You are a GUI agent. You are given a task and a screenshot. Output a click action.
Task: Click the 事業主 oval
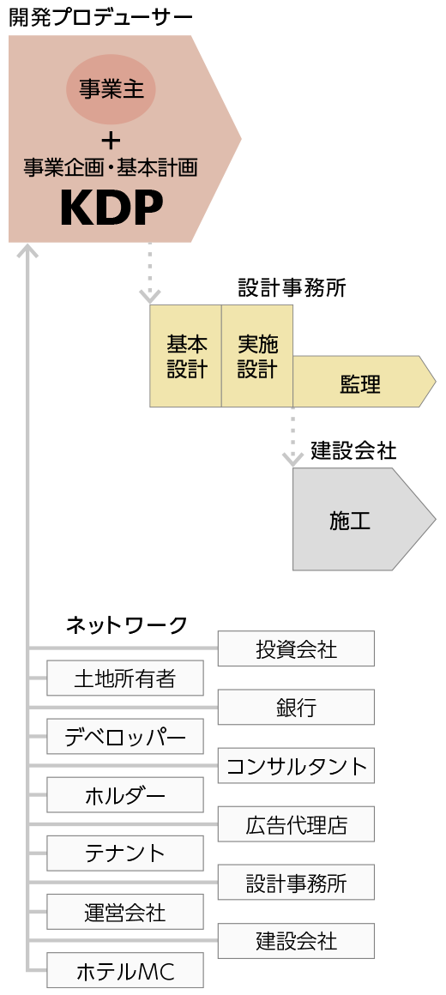tap(111, 90)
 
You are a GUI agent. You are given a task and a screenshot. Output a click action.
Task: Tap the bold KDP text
tap(111, 208)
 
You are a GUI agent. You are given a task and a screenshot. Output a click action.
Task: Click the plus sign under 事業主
tap(111, 140)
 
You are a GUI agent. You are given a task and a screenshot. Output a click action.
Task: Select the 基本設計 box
tap(186, 356)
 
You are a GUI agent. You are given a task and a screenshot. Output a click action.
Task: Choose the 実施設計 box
tap(257, 356)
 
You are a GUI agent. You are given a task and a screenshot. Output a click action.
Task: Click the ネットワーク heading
tap(127, 625)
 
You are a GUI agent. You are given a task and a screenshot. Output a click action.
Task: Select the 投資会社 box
tap(296, 648)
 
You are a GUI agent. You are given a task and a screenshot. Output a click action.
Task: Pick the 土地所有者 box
tap(125, 678)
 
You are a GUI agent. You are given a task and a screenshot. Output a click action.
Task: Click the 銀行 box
tap(296, 707)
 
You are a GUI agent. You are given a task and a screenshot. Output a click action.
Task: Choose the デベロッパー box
tap(125, 737)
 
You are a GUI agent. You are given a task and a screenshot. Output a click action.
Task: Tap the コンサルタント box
tap(296, 766)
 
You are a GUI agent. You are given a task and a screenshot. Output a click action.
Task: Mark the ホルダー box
tap(125, 795)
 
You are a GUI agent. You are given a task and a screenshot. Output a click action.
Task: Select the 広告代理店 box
tap(296, 824)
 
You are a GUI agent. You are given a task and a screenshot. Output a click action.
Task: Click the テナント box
tap(125, 853)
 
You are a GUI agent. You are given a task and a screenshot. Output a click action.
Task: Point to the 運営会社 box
tap(125, 912)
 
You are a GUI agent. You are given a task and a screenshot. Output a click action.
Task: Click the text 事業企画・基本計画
tap(111, 167)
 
